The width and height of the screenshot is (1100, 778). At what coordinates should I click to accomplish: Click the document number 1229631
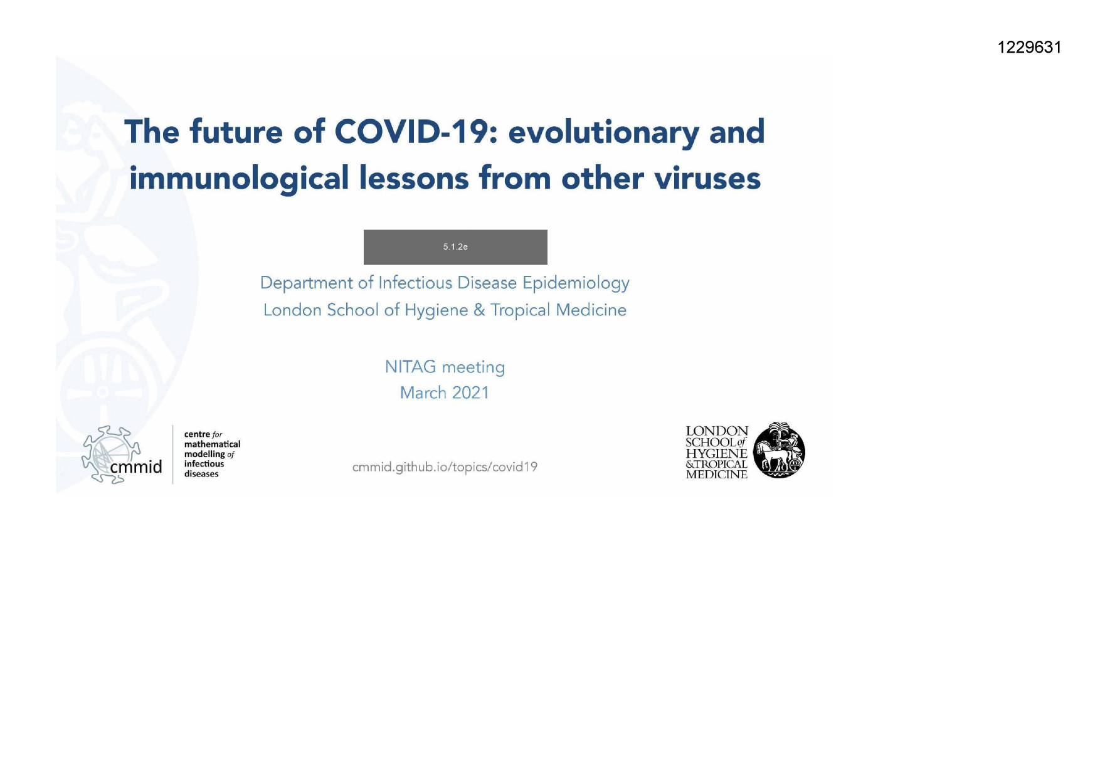(1029, 48)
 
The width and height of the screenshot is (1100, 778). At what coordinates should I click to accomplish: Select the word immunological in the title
(239, 179)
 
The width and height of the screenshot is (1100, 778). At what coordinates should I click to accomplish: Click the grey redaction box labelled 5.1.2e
(455, 247)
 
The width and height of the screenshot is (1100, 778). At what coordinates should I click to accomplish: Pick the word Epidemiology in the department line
(576, 283)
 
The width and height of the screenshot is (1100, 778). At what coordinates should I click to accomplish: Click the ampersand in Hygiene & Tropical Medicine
(479, 310)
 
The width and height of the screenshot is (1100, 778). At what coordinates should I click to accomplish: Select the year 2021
(470, 392)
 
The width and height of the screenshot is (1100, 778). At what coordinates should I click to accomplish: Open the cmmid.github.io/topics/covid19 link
(445, 467)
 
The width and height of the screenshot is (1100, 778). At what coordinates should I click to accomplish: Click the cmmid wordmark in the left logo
(135, 467)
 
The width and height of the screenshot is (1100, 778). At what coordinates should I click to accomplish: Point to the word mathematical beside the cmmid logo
(212, 444)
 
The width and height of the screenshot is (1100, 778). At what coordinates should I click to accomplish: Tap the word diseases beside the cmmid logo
(201, 474)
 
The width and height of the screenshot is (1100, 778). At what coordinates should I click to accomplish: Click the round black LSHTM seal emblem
(778, 450)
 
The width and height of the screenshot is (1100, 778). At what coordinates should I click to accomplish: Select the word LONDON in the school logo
(717, 431)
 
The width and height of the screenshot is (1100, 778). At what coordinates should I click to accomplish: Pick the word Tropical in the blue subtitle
(520, 310)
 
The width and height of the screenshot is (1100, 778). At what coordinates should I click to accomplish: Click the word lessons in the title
(414, 179)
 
